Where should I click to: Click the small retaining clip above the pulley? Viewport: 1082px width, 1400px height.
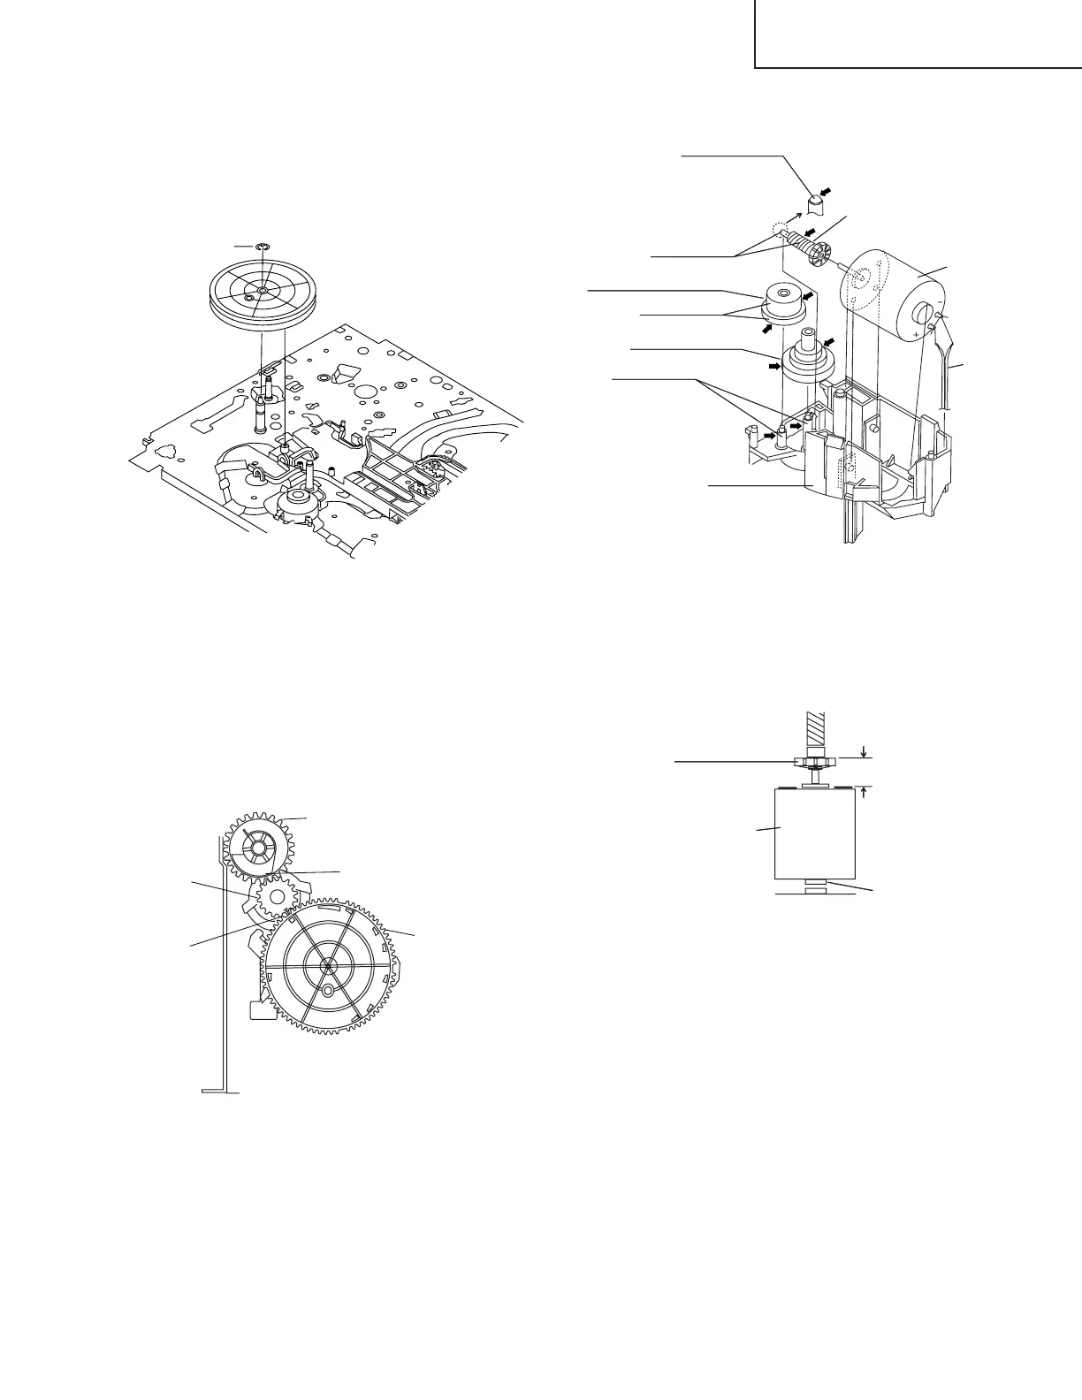coord(261,247)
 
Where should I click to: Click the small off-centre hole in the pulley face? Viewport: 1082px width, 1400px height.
coord(249,300)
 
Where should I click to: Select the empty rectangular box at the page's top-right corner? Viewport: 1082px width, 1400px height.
coord(918,34)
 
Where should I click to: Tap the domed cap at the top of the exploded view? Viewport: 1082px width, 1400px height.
coord(815,206)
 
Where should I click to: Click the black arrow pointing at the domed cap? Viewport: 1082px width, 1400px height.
coord(825,191)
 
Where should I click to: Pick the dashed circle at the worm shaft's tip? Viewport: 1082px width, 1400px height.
coord(779,228)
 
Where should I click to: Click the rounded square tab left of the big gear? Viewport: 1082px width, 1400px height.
coord(260,1008)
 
